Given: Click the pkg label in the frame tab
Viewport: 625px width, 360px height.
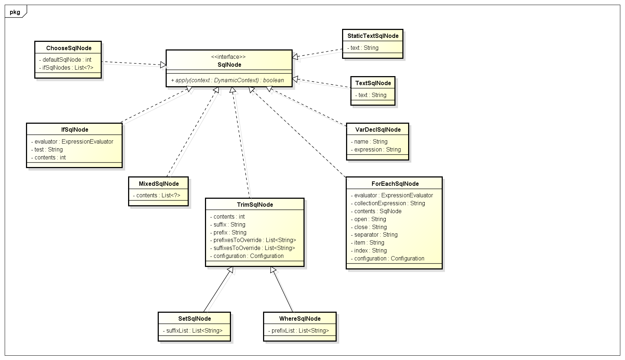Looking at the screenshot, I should click(15, 12).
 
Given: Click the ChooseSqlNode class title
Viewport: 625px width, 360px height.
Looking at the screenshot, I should click(69, 48).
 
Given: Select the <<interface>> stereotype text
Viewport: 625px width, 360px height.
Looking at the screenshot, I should click(228, 57).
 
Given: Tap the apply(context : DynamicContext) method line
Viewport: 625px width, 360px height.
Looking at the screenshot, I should click(227, 80).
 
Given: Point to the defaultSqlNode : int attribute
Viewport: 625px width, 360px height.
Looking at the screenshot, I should click(65, 60).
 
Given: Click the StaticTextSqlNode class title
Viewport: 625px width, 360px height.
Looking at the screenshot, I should click(373, 36).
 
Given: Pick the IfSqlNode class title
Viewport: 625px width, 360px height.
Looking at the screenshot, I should click(74, 129).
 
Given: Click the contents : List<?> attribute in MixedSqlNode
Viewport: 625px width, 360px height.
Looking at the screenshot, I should click(157, 195).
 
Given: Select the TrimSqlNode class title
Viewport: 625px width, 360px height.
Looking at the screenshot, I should click(255, 205).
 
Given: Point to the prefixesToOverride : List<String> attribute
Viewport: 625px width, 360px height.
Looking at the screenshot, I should click(253, 240).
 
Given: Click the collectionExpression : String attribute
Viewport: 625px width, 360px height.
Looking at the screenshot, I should click(388, 203).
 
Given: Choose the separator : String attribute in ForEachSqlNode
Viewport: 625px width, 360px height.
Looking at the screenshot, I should click(374, 234).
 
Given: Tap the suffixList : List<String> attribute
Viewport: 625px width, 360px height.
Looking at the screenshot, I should click(193, 330).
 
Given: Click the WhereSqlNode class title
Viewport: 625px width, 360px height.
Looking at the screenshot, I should click(300, 319).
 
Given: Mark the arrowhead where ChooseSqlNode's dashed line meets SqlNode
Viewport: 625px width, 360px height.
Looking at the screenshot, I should click(163, 65).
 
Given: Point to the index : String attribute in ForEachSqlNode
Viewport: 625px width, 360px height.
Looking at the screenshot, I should click(369, 250).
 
